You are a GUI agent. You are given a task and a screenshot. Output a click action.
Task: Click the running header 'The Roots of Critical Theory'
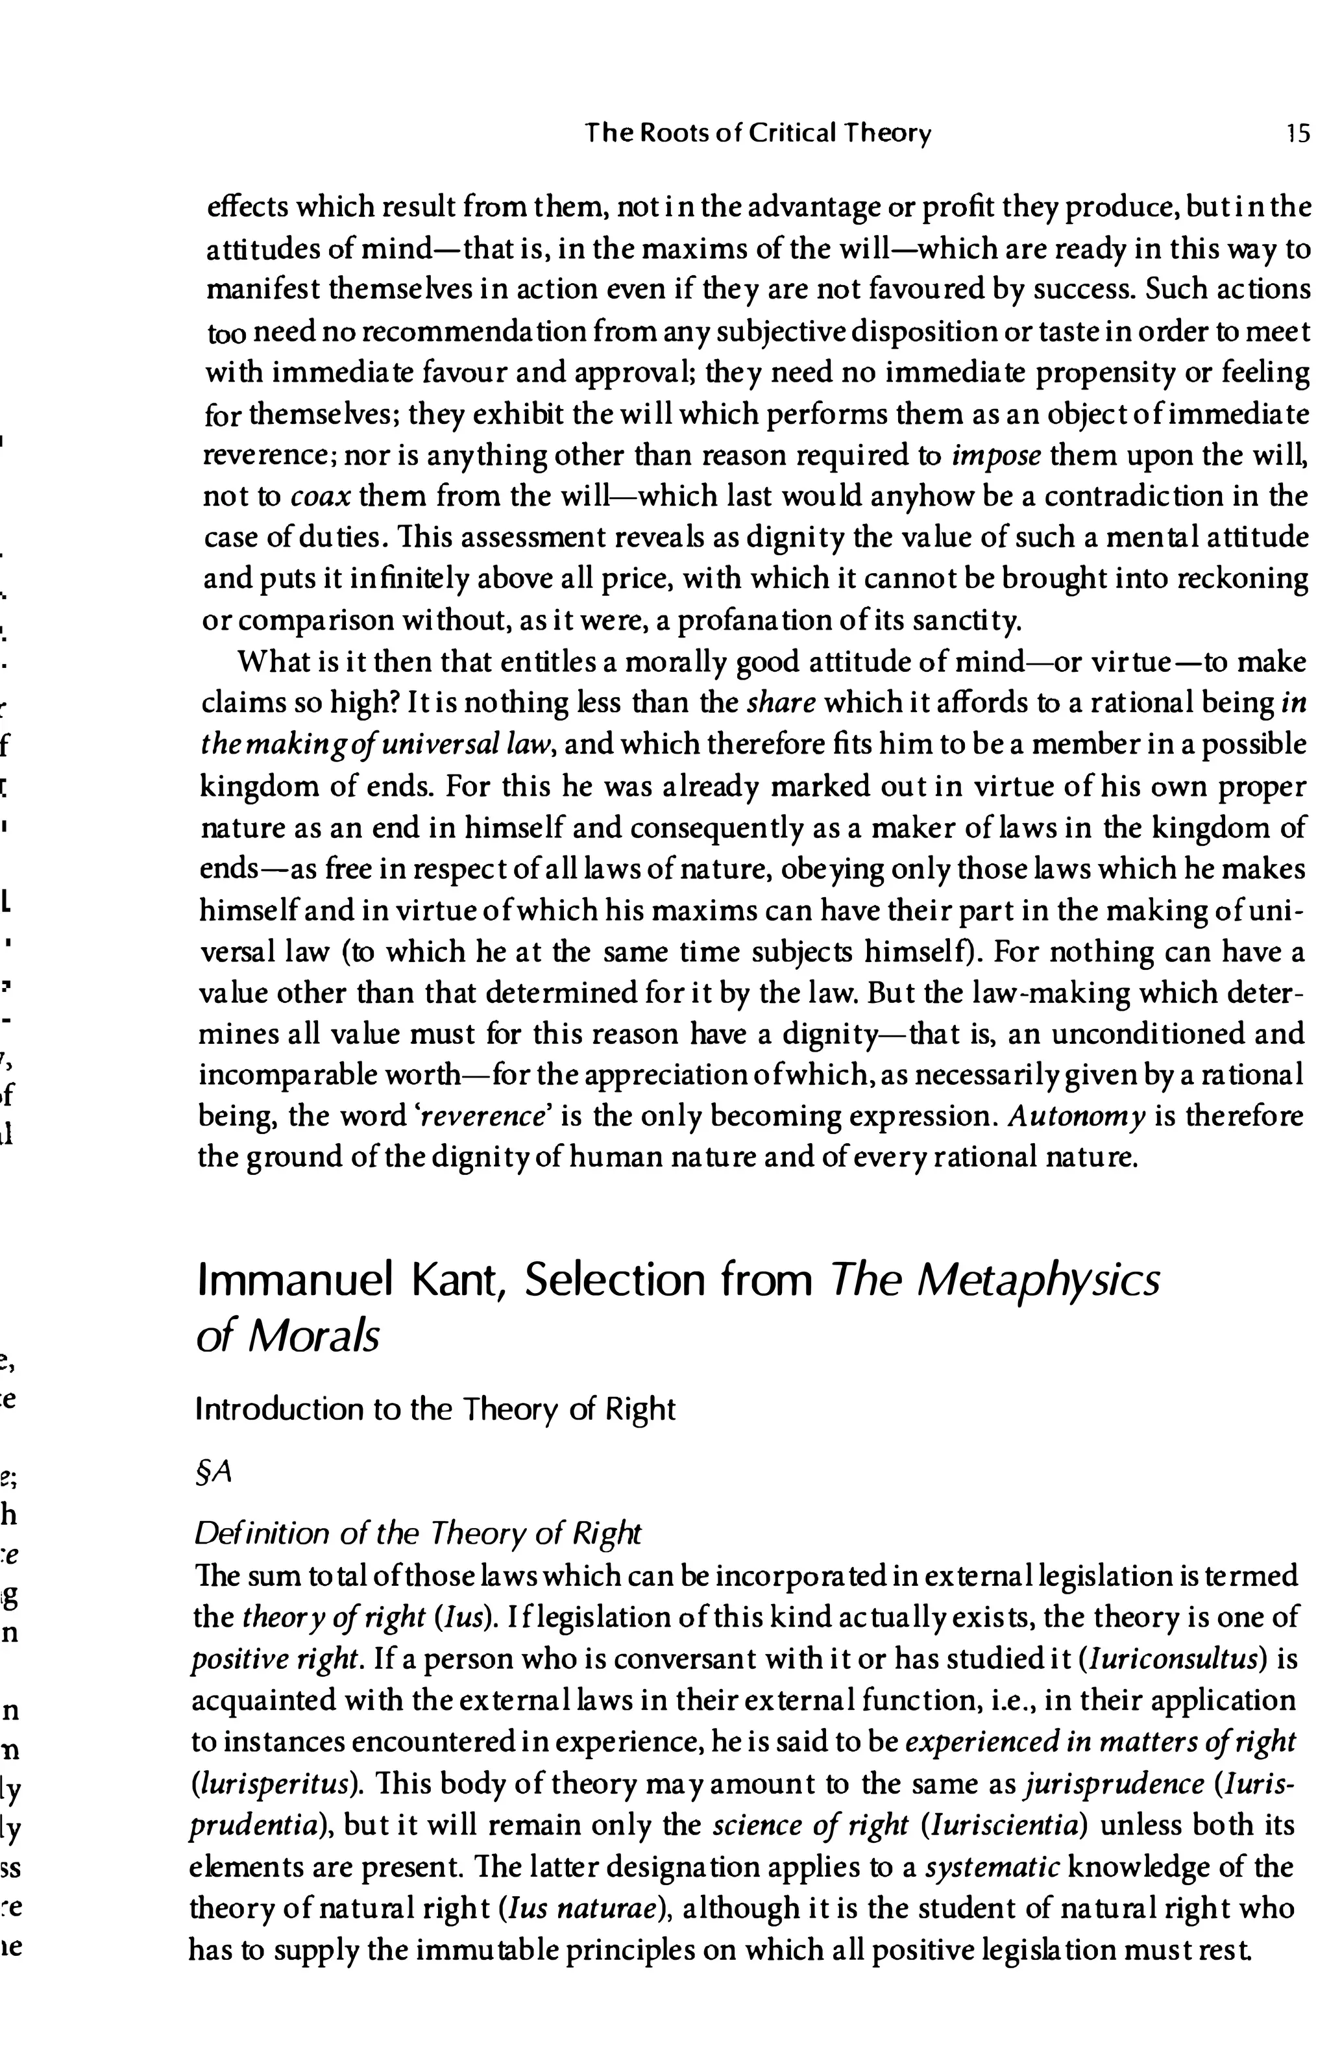click(x=758, y=134)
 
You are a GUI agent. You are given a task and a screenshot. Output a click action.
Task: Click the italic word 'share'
click(x=780, y=704)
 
